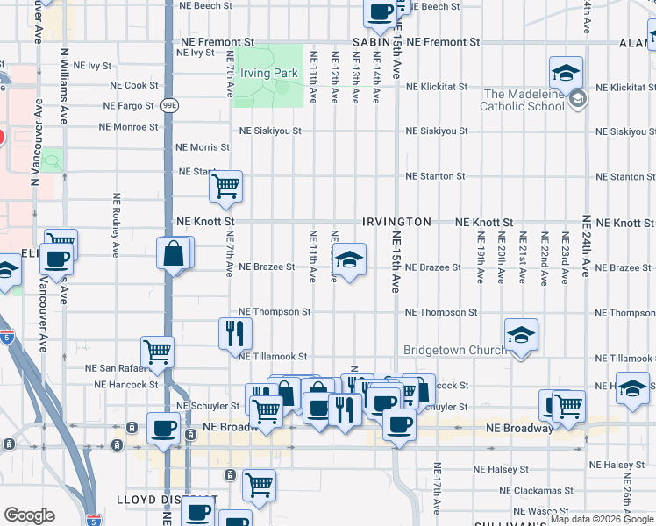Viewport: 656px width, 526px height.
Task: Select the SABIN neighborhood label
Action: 371,42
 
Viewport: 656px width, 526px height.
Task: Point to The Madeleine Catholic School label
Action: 524,100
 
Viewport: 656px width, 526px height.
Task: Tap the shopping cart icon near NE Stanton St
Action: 226,186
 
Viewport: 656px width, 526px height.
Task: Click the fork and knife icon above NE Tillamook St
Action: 235,332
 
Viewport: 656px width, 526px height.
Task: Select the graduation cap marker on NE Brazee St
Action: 349,259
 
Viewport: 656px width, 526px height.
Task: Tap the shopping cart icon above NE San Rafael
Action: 158,352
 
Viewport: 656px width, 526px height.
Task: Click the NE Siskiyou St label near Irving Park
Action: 271,131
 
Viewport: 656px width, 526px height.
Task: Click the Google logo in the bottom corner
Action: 30,515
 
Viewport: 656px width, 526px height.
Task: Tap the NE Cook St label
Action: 134,86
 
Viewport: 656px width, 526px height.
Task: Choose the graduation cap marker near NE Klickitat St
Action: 567,72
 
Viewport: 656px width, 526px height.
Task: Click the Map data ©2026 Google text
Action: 603,519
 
